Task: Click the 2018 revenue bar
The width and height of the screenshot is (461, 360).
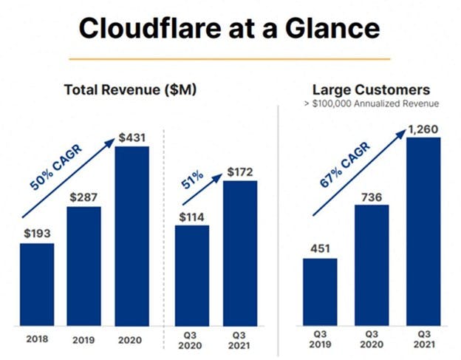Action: [37, 285]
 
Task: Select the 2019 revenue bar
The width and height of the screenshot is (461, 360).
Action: [83, 266]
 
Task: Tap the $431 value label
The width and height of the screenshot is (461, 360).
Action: [132, 137]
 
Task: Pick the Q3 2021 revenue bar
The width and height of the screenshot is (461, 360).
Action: [240, 254]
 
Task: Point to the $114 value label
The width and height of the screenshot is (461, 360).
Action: [191, 217]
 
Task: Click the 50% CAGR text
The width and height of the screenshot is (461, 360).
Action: [56, 167]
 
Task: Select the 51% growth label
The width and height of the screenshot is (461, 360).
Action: [192, 179]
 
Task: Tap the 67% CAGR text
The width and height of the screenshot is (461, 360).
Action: [344, 165]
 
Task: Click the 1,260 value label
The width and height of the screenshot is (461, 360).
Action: [423, 129]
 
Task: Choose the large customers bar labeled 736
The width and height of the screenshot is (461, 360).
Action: [372, 265]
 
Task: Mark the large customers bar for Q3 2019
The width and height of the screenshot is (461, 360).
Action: [320, 292]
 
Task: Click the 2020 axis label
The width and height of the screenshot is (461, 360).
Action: [130, 340]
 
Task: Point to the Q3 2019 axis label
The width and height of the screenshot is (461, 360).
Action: [320, 339]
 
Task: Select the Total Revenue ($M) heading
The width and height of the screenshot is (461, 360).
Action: [130, 89]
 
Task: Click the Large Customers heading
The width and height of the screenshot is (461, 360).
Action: [371, 89]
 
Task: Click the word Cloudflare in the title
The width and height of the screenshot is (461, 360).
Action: [150, 28]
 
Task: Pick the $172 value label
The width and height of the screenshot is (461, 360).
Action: [240, 172]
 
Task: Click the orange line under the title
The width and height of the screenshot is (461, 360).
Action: [230, 59]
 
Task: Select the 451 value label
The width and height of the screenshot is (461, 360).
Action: [320, 248]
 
